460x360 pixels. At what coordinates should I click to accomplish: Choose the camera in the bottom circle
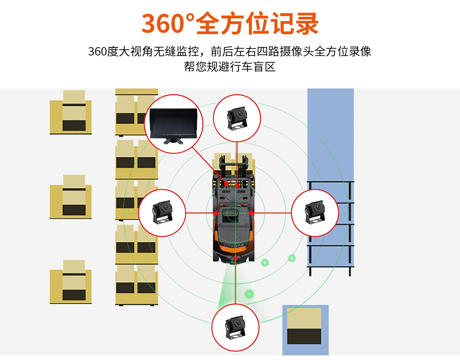pyautogui.click(x=235, y=328)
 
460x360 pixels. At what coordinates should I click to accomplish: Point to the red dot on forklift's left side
pyautogui.click(x=216, y=213)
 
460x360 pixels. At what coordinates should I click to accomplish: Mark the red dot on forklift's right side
pyautogui.click(x=251, y=213)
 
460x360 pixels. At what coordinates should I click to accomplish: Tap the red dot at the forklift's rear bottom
pyautogui.click(x=235, y=258)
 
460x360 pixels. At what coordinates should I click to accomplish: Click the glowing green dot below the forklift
pyautogui.click(x=250, y=294)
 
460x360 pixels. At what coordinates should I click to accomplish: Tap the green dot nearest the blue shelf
pyautogui.click(x=292, y=258)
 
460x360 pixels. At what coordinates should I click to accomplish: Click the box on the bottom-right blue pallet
pyautogui.click(x=304, y=326)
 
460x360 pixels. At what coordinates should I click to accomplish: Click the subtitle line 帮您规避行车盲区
pyautogui.click(x=230, y=67)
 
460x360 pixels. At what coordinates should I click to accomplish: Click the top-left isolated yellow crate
pyautogui.click(x=71, y=113)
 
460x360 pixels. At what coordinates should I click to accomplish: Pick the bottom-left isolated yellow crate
pyautogui.click(x=71, y=283)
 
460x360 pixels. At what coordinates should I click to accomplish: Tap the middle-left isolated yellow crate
pyautogui.click(x=71, y=198)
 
